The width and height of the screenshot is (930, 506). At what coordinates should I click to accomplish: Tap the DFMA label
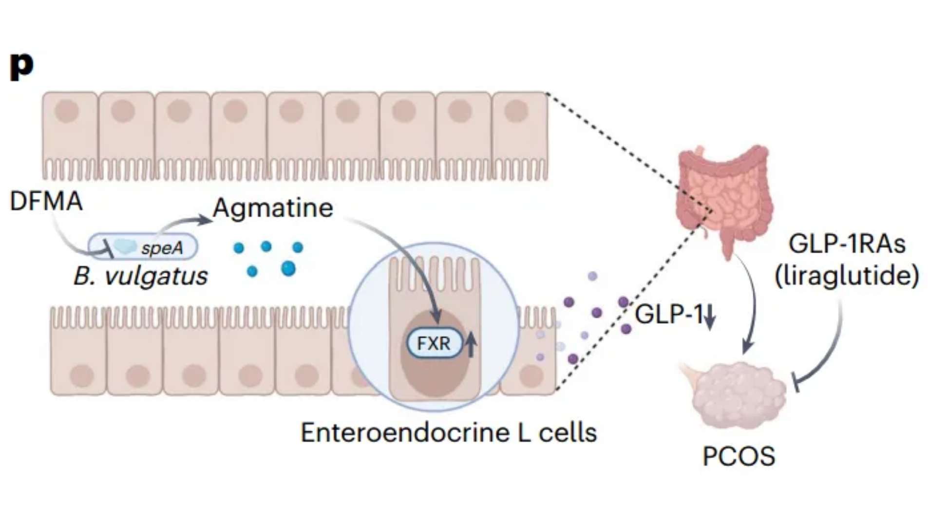point(46,201)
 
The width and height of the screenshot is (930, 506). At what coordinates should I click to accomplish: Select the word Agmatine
point(273,208)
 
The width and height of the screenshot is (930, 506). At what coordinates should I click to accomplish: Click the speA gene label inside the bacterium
point(162,248)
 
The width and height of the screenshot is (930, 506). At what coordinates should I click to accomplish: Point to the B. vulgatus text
point(140,276)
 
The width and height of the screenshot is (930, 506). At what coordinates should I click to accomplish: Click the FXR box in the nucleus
point(433,343)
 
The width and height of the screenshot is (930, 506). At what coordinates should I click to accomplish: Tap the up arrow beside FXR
point(471,343)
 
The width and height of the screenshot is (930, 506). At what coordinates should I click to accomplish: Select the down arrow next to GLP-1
point(710,317)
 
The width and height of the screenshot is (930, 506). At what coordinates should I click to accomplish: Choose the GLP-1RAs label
point(847,244)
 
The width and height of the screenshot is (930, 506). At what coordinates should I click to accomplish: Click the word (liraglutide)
point(847,276)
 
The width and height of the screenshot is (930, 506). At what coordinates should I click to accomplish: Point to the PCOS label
point(739,456)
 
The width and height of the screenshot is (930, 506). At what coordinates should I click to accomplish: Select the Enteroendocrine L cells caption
point(449,432)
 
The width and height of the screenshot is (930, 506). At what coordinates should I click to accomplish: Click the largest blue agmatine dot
point(288,268)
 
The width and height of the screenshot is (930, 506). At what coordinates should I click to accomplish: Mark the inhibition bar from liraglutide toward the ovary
point(796,382)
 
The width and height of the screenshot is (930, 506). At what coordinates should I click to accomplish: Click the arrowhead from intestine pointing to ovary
point(747,348)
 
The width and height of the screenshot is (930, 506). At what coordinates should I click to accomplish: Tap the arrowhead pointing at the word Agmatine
point(204,220)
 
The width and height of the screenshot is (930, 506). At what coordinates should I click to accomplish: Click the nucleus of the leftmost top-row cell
point(67,111)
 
